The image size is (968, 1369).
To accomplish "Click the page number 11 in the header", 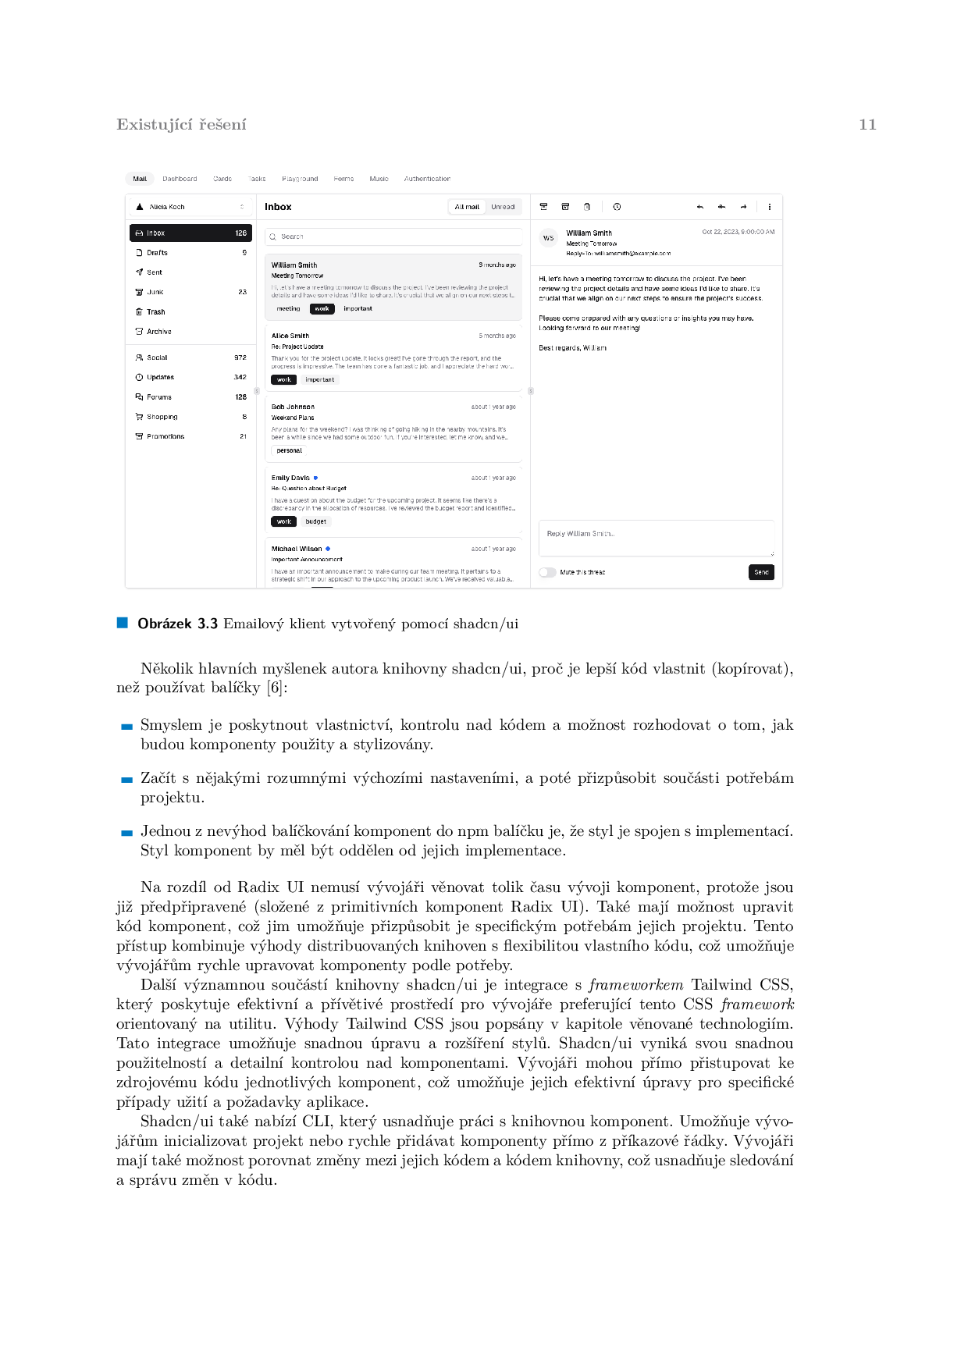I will point(867,125).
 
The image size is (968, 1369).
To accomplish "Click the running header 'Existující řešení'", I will point(181,125).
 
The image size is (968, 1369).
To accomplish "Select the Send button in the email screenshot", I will point(761,572).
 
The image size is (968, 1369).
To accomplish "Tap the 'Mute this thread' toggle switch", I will point(547,572).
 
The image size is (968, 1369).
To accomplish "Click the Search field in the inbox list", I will point(393,236).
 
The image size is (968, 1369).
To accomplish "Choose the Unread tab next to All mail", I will point(503,207).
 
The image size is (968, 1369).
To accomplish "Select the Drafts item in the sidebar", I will point(157,253).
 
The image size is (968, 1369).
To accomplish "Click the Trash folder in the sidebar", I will point(155,312).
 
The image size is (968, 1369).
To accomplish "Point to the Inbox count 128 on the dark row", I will point(241,233).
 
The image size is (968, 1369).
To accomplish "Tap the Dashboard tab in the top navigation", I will point(180,179).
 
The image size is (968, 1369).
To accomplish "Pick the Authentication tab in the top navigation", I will point(427,179).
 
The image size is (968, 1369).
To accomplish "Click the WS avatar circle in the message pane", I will point(548,238).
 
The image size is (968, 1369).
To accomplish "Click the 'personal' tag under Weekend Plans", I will point(289,450).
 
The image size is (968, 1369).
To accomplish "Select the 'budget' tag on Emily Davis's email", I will point(316,521).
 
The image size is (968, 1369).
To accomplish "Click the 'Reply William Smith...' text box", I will point(656,538).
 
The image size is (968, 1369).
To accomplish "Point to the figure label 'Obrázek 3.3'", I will point(177,624).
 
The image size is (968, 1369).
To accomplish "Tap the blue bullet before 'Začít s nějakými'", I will point(126,780).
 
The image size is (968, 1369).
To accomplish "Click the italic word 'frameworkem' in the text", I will point(635,985).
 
